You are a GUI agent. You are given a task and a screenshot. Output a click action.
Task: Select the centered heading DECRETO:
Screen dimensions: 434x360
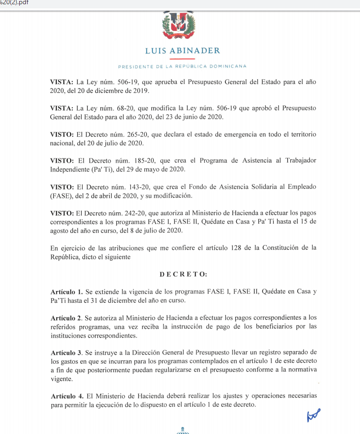click(183, 274)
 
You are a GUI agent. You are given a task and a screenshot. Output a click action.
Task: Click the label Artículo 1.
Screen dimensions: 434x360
click(67, 292)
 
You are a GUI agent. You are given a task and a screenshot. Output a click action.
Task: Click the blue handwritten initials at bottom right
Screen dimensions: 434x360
click(314, 415)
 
